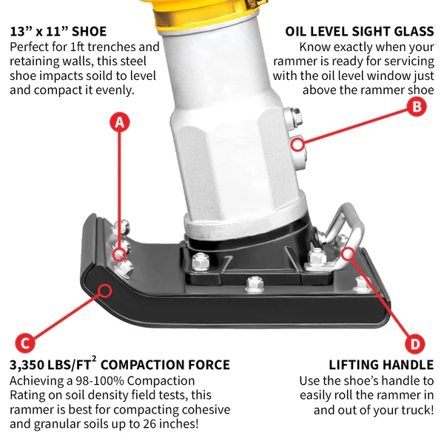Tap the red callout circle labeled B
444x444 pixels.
pos(416,107)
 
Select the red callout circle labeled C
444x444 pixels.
pos(24,343)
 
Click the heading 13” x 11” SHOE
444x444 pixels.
pos(58,32)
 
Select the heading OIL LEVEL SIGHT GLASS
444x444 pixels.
pos(359,32)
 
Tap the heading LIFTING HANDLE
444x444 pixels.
pos(381,365)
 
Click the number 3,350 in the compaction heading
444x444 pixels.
pos(30,365)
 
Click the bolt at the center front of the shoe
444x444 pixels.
pos(254,282)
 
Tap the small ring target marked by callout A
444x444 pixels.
pos(118,255)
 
